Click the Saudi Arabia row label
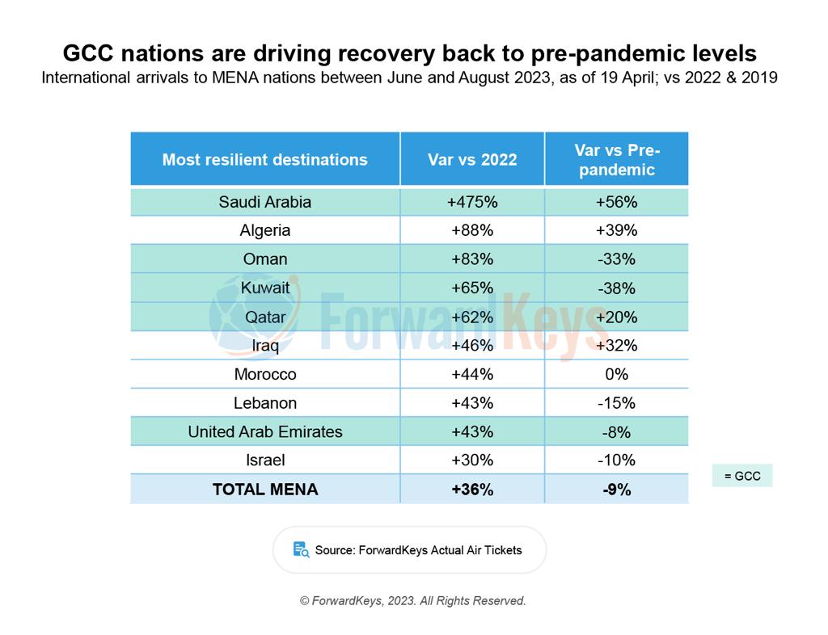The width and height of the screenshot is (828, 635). click(264, 202)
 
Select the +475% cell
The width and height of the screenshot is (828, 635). click(472, 202)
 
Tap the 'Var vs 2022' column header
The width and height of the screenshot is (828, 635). click(472, 159)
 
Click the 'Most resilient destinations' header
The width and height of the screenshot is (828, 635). click(264, 159)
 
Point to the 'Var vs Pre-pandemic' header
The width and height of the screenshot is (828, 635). click(617, 159)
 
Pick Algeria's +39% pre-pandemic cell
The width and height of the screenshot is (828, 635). click(617, 230)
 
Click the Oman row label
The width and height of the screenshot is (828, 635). click(264, 259)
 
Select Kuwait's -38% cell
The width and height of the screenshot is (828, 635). click(617, 288)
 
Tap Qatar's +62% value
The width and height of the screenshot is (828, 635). click(472, 317)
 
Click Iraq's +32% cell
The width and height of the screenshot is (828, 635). click(617, 346)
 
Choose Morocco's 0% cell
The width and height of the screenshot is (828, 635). click(617, 374)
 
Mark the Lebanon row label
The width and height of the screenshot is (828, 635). click(264, 403)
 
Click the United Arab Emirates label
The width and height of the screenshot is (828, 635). click(264, 431)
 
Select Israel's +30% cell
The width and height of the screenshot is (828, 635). click(472, 460)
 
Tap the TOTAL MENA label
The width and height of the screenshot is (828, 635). click(264, 490)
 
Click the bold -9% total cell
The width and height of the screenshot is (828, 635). click(617, 490)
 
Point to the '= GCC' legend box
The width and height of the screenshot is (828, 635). click(742, 476)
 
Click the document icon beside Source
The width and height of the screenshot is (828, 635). click(301, 550)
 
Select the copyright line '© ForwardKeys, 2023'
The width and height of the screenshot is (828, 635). click(413, 601)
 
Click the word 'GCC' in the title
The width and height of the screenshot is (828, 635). click(90, 53)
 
